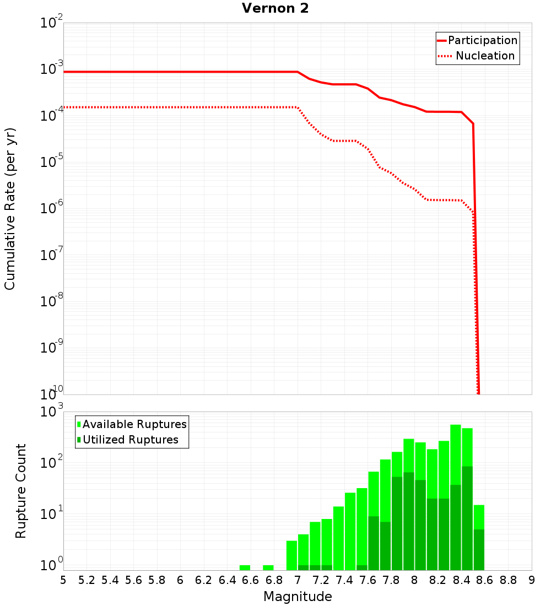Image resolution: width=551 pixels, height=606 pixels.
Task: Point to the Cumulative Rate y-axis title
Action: point(10,208)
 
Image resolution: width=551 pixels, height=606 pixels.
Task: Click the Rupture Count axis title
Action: point(20,490)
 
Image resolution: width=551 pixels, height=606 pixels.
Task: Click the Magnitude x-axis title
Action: point(298,597)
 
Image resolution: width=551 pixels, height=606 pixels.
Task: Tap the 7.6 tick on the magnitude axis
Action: point(368,580)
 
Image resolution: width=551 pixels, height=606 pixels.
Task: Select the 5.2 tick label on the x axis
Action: point(87,580)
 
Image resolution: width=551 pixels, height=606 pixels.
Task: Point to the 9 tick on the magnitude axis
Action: point(532,580)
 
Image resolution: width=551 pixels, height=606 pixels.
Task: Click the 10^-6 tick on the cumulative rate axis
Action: point(51,208)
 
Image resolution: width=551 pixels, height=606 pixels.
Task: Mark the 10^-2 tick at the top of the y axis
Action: point(51,23)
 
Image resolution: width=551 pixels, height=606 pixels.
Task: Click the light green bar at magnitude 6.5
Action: point(245,567)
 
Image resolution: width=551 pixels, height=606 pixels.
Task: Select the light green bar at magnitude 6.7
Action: point(268,567)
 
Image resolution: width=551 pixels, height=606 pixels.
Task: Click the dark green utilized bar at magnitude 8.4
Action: point(467,518)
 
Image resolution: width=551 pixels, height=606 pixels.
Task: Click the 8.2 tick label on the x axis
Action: point(438,580)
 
